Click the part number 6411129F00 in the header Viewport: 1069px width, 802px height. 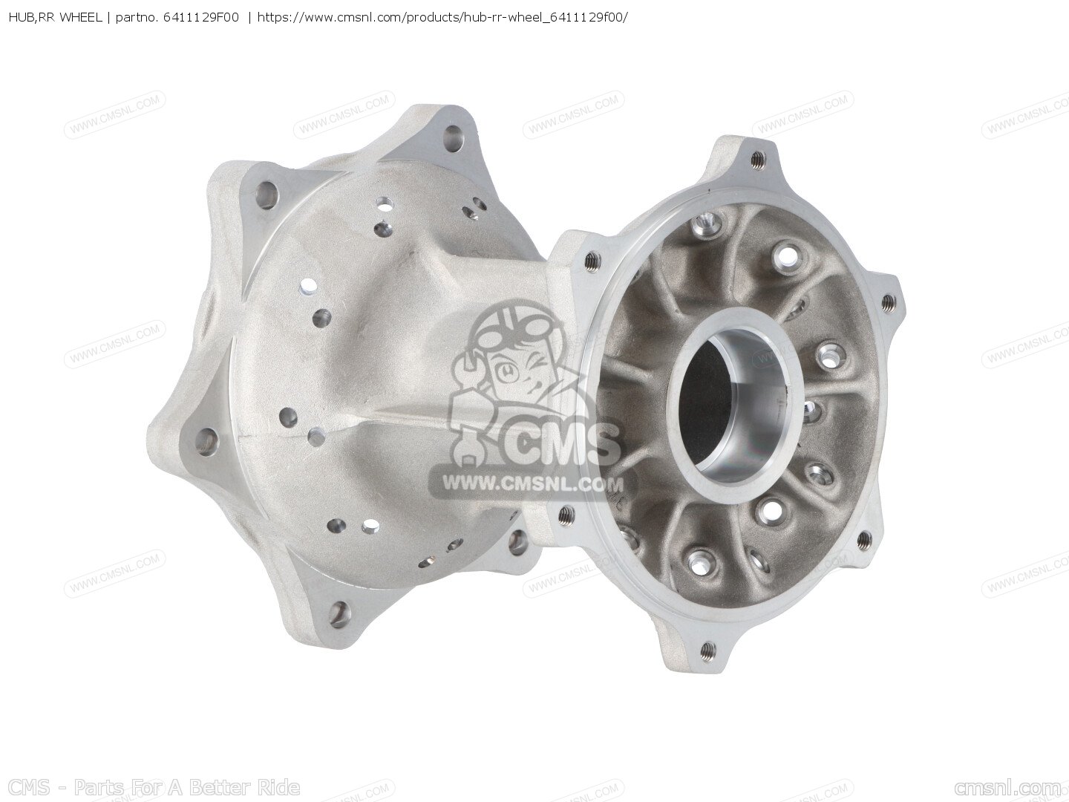(x=200, y=18)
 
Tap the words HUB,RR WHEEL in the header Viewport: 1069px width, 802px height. (x=55, y=18)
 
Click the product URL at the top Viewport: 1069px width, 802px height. (x=442, y=18)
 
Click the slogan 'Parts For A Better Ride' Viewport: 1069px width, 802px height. (x=186, y=787)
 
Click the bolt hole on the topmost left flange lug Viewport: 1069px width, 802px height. (x=454, y=134)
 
